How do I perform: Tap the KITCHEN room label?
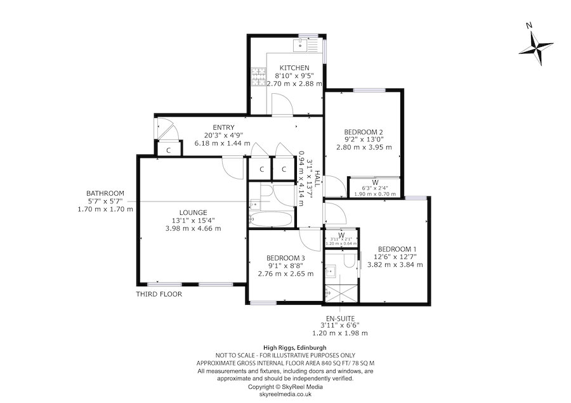point(294,68)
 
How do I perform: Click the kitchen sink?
point(300,45)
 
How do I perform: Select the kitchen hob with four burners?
point(259,77)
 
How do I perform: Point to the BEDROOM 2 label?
point(364,132)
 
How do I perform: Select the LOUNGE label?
point(193,212)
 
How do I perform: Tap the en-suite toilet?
point(349,260)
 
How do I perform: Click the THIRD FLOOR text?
point(159,295)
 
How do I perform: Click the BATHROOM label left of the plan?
point(105,193)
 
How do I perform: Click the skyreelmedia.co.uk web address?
point(285,393)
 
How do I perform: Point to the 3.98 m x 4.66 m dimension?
point(193,228)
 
